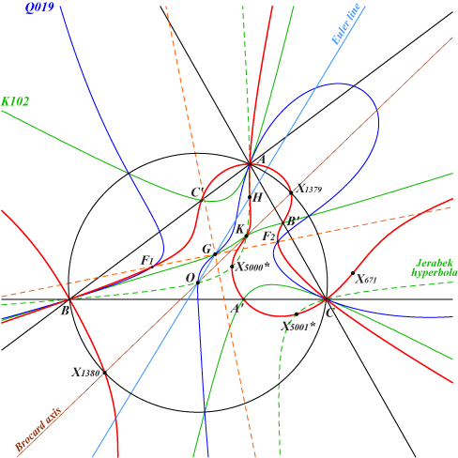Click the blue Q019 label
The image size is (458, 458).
pos(39,8)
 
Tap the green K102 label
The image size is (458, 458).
pos(15,101)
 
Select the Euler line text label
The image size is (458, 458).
pos(345,24)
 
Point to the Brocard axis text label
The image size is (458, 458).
pos(38,429)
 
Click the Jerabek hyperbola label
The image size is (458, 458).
pos(435,267)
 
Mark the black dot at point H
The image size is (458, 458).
pos(250,197)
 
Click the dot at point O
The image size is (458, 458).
pos(198,282)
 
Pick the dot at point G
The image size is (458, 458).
pos(215,254)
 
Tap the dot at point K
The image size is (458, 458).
pos(246,236)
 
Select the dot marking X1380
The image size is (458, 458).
pos(105,373)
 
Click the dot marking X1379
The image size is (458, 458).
pos(291,192)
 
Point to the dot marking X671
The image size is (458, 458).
pos(353,273)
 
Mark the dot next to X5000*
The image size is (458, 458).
pos(232,267)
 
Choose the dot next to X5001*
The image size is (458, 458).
pos(297,314)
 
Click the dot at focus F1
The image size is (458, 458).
pos(152,267)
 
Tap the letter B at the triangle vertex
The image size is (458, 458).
pos(65,311)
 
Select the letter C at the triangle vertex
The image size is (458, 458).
pos(329,313)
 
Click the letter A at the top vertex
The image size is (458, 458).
pos(262,160)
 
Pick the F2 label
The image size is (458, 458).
pos(268,236)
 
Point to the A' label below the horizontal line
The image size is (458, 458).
pos(237,309)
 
